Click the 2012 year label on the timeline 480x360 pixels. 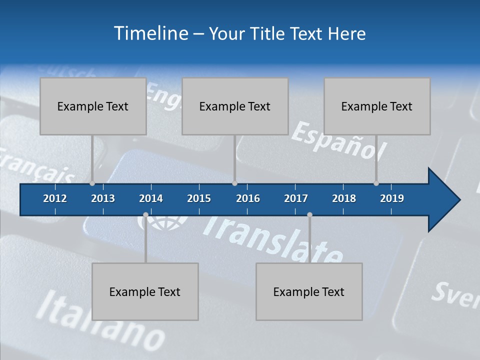click(x=55, y=198)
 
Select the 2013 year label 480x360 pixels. click(x=103, y=198)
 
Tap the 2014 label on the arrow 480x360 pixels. click(x=151, y=198)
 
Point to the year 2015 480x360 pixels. click(x=199, y=198)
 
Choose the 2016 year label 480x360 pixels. click(x=248, y=198)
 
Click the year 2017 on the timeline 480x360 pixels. click(x=296, y=198)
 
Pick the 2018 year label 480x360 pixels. click(x=344, y=198)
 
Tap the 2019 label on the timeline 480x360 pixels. click(x=392, y=198)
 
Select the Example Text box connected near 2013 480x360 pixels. click(x=93, y=106)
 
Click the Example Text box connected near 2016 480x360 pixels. click(x=235, y=106)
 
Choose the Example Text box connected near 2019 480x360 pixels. click(x=377, y=106)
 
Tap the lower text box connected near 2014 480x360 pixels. click(x=145, y=291)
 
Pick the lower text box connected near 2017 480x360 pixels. click(x=309, y=291)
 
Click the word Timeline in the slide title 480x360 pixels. click(x=150, y=33)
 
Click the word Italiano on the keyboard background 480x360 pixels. click(x=100, y=320)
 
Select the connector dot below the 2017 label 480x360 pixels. click(x=309, y=215)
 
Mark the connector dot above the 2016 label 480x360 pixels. click(x=234, y=183)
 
